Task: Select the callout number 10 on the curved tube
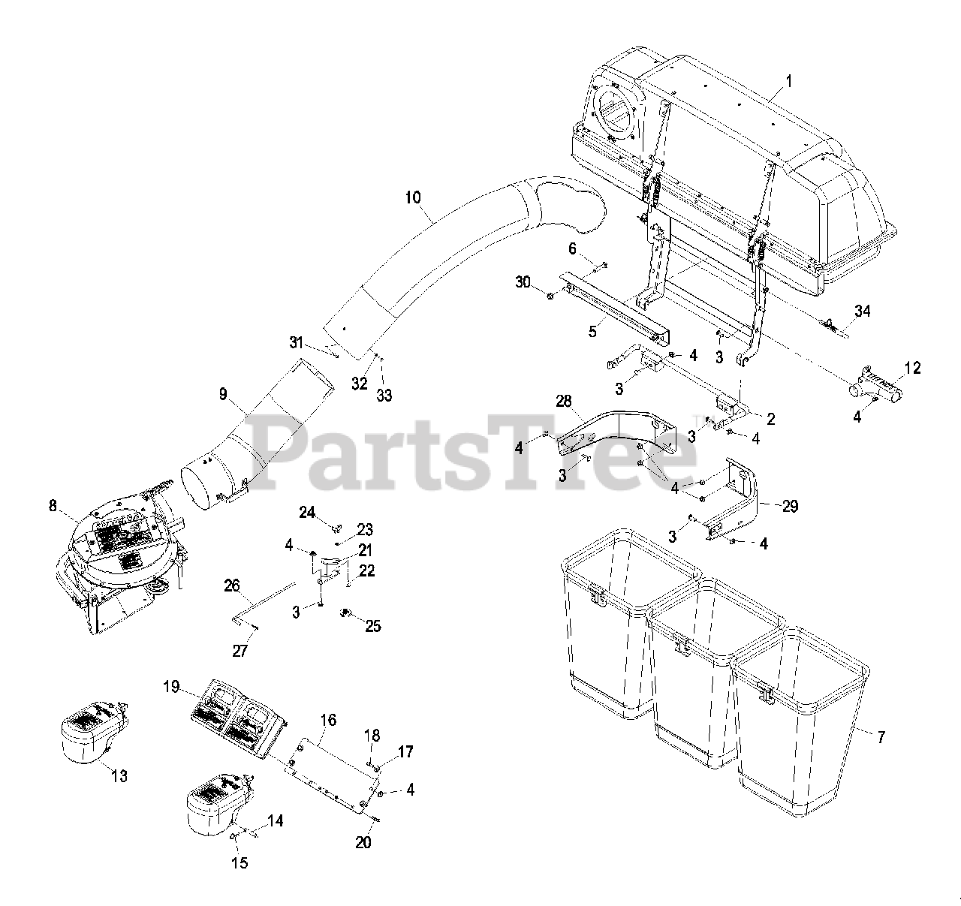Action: pyautogui.click(x=413, y=198)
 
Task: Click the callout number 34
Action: pyautogui.click(x=863, y=311)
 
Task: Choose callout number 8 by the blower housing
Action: pyautogui.click(x=53, y=506)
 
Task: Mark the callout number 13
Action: pyautogui.click(x=119, y=776)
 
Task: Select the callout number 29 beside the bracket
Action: pyautogui.click(x=790, y=507)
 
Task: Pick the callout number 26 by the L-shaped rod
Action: pyautogui.click(x=231, y=583)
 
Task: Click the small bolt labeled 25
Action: pyautogui.click(x=348, y=613)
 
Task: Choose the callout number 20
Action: pyautogui.click(x=363, y=842)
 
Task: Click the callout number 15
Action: pyautogui.click(x=239, y=862)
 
